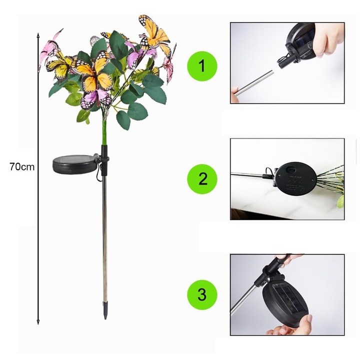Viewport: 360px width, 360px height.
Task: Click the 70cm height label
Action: click(22, 166)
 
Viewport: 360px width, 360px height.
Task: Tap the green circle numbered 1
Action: click(202, 66)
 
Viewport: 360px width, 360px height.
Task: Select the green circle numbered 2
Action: click(202, 179)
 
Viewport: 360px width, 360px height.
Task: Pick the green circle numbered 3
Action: click(202, 294)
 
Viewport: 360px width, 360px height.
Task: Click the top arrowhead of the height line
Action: click(38, 35)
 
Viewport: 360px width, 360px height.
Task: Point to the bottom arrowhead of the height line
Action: click(38, 322)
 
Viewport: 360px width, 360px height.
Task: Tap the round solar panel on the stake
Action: click(74, 164)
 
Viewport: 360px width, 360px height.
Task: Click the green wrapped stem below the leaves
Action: click(104, 132)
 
